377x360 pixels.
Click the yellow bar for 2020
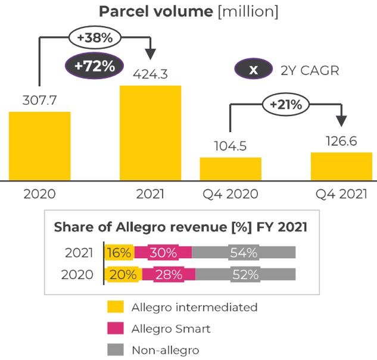(39, 146)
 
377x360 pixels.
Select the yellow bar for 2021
(151, 133)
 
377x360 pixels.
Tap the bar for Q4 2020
(230, 168)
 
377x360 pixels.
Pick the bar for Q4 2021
(341, 166)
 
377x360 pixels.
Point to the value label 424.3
(151, 75)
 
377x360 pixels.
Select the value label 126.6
(341, 141)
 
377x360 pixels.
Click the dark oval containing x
(253, 69)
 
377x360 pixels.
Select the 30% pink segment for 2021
(163, 252)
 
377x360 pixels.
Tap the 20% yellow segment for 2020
(122, 274)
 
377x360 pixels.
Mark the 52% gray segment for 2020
(245, 274)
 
